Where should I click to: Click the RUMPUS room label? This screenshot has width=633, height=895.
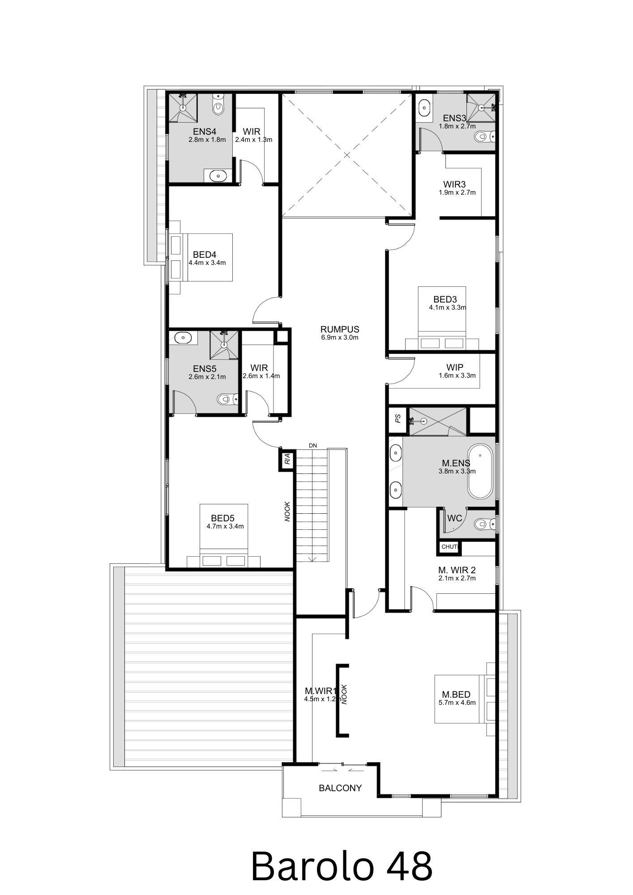(x=340, y=329)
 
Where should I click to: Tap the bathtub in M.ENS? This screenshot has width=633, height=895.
(x=480, y=471)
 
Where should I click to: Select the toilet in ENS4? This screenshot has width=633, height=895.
(x=218, y=106)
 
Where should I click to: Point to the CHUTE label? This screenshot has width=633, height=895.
(x=449, y=547)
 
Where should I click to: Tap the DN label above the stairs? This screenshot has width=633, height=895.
(x=313, y=445)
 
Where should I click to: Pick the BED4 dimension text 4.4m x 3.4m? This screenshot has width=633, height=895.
(x=207, y=263)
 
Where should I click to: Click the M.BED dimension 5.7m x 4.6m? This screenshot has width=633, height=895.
(x=457, y=703)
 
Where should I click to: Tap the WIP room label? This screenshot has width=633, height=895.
(x=455, y=367)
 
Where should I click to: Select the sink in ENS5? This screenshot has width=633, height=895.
(x=183, y=338)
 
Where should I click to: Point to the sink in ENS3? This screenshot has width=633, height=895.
(x=424, y=108)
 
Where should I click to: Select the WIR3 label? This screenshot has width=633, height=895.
(x=454, y=184)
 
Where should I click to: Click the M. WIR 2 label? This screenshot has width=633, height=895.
(x=457, y=570)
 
